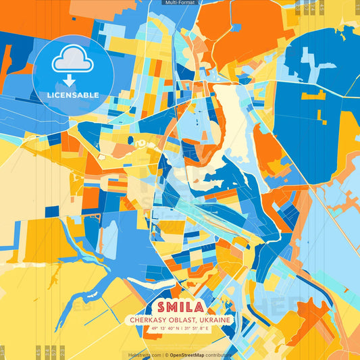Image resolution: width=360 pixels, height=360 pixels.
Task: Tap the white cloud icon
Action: point(73,61)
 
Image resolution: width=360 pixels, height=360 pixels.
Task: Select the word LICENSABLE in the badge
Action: point(73,95)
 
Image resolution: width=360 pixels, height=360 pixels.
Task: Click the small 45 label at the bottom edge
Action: point(38,351)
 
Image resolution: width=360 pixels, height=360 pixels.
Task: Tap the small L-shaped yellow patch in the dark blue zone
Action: point(313,96)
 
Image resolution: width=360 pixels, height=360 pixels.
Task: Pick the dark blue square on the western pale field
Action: point(52,211)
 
